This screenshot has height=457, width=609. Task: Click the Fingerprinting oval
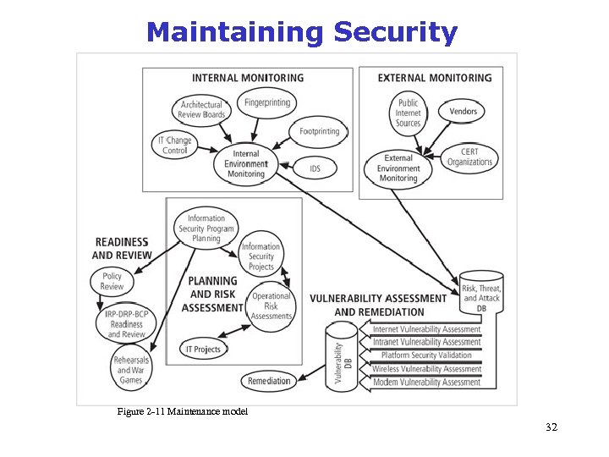(x=267, y=103)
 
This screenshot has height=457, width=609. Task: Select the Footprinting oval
(x=319, y=131)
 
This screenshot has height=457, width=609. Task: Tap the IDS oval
(x=315, y=168)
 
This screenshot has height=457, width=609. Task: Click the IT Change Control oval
(x=175, y=145)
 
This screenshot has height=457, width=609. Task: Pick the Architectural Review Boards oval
(x=202, y=110)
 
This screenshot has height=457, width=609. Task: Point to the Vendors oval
(x=463, y=111)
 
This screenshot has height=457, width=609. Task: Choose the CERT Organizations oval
(x=469, y=157)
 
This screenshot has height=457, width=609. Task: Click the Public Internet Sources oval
(x=408, y=113)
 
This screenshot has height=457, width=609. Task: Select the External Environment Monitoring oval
(x=398, y=168)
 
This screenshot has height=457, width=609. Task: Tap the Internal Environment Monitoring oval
(x=246, y=164)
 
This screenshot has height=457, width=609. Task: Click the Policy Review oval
(x=112, y=281)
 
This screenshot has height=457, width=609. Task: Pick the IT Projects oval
(x=203, y=349)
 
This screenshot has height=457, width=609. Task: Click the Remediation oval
(x=269, y=382)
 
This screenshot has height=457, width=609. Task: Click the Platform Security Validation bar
(x=426, y=355)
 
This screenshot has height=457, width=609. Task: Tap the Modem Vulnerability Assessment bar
(x=426, y=383)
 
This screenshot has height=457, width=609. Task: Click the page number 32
(x=551, y=427)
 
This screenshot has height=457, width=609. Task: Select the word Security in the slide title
(x=395, y=32)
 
